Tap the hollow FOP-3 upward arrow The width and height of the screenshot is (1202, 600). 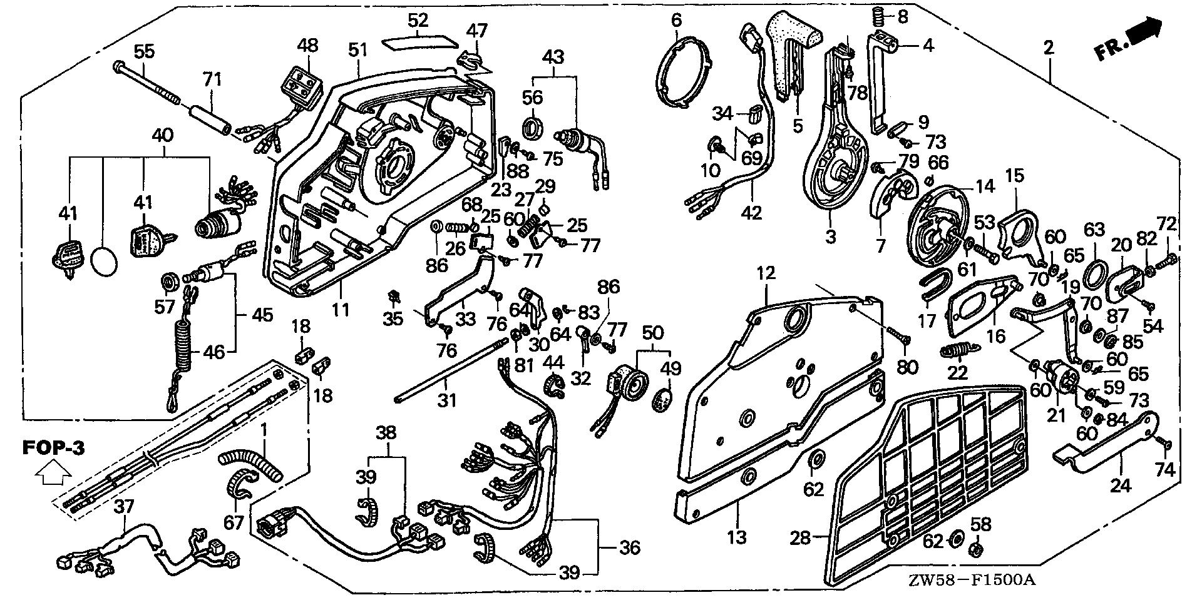pos(53,474)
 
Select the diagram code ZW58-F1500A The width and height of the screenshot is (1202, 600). pos(986,581)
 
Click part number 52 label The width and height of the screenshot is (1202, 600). pos(418,20)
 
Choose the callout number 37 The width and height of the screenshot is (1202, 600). pos(124,506)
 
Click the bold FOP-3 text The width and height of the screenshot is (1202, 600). pos(53,448)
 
